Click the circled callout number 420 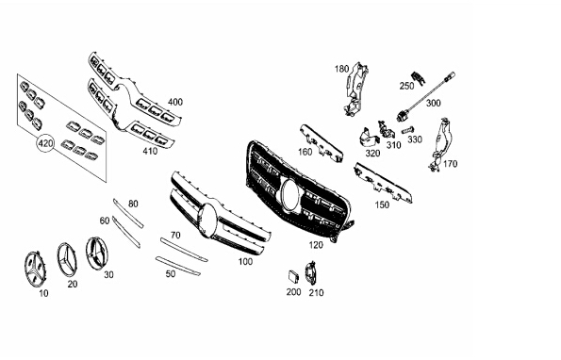pyautogui.click(x=45, y=143)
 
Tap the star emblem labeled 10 pyautogui.click(x=35, y=270)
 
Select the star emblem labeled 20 pyautogui.click(x=67, y=260)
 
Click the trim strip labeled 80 pyautogui.click(x=128, y=213)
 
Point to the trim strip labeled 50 pyautogui.click(x=178, y=266)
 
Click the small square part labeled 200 pyautogui.click(x=293, y=276)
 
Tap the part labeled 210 pyautogui.click(x=310, y=273)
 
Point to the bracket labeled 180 pyautogui.click(x=355, y=89)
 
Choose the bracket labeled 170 pyautogui.click(x=441, y=144)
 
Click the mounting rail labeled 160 pyautogui.click(x=321, y=142)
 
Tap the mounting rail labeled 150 pyautogui.click(x=383, y=183)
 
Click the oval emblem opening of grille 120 pyautogui.click(x=291, y=194)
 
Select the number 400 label pyautogui.click(x=175, y=102)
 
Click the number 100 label pyautogui.click(x=245, y=262)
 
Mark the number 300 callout pyautogui.click(x=434, y=104)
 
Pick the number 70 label pyautogui.click(x=175, y=236)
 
